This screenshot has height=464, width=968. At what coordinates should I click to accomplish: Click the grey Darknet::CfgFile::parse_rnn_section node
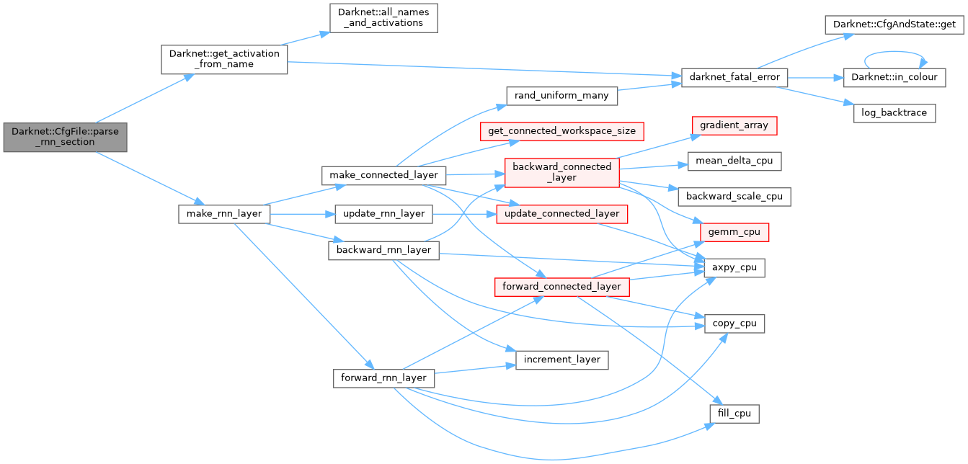65,136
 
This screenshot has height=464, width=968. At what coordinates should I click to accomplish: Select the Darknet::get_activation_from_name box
223,58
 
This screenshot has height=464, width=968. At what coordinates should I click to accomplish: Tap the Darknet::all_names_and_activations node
383,17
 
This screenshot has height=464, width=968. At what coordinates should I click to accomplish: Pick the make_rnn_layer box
224,214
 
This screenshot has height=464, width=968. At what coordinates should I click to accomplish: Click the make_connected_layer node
383,175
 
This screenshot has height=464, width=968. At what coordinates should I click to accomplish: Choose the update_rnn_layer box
383,214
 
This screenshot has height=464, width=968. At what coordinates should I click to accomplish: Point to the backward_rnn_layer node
383,250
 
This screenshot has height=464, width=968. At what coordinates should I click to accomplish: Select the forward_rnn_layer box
383,378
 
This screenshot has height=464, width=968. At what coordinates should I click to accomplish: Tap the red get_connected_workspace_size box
562,130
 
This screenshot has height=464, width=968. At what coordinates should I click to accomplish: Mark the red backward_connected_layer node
562,172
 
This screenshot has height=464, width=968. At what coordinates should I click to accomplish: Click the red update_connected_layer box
562,214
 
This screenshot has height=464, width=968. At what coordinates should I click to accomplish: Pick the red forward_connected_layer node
562,286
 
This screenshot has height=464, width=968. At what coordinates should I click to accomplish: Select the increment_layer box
562,360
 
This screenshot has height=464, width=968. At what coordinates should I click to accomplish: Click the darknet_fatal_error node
734,77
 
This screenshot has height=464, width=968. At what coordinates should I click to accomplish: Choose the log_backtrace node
894,113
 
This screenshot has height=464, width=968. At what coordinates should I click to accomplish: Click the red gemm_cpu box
734,232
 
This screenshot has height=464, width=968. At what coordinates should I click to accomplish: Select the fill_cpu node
734,414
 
